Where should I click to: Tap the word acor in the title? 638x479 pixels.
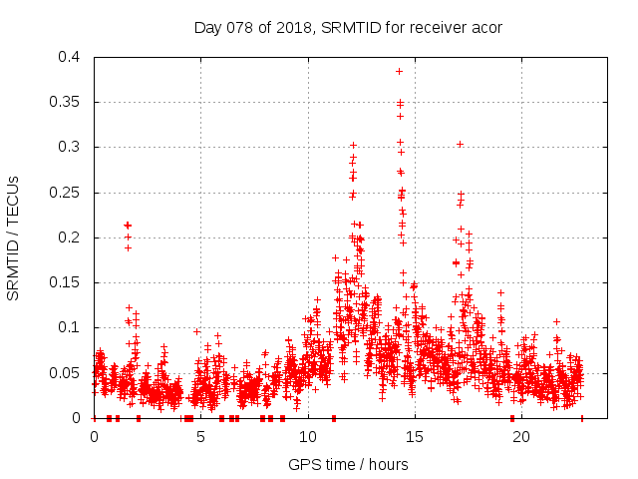coord(485,27)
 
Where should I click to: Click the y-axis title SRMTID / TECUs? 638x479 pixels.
coord(13,239)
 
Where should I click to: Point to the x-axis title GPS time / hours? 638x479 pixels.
coord(348,464)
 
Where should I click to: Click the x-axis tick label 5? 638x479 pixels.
coord(200,436)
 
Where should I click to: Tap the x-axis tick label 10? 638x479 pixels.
coord(307,436)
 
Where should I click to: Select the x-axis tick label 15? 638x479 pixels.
coord(414,436)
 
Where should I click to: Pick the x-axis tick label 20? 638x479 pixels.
coord(520,436)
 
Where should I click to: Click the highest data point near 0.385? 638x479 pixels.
coord(399,71)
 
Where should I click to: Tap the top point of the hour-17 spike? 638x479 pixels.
coord(460,144)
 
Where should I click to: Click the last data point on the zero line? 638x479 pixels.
coord(582,418)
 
